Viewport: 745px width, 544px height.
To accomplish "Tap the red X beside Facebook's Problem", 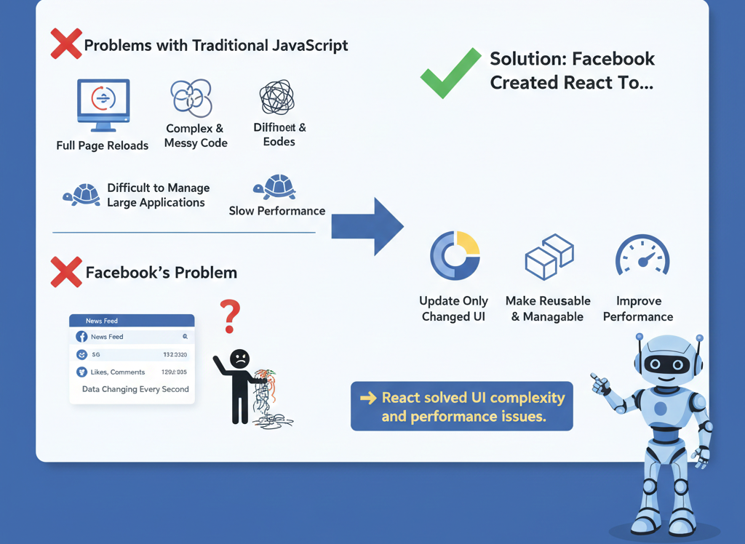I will pyautogui.click(x=65, y=272).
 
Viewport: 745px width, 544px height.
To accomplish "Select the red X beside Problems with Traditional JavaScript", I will pyautogui.click(x=65, y=44).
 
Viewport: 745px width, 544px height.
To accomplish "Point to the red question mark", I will pyautogui.click(x=230, y=315).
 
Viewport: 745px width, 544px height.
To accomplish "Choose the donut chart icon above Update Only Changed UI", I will pyautogui.click(x=455, y=256).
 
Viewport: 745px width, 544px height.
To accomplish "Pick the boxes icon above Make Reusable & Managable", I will pyautogui.click(x=549, y=257).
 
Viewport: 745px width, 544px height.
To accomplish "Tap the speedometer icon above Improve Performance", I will pyautogui.click(x=642, y=257).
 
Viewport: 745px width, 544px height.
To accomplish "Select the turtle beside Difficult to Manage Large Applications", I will pyautogui.click(x=81, y=194).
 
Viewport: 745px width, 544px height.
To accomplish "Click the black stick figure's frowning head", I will pyautogui.click(x=239, y=359).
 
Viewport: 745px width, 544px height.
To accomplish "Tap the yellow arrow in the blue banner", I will pyautogui.click(x=368, y=398).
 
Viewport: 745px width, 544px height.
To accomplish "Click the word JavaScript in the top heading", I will pyautogui.click(x=306, y=45).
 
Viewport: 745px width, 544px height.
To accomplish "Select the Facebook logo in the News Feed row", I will pyautogui.click(x=81, y=337).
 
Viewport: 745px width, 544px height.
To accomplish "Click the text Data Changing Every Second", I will pyautogui.click(x=135, y=389).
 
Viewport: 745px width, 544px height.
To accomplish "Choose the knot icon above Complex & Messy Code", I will pyautogui.click(x=191, y=98).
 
